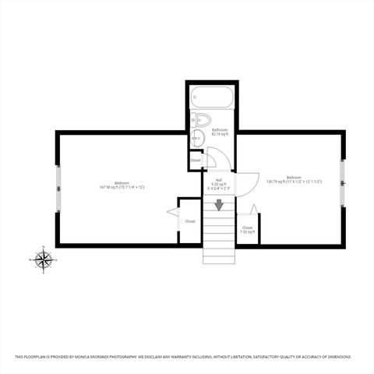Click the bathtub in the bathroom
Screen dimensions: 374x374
point(211,99)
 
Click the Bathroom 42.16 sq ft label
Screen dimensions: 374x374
point(218,132)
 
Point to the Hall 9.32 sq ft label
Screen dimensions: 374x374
point(219,184)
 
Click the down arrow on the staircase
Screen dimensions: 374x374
point(219,205)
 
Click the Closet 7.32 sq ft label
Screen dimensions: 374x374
point(247,230)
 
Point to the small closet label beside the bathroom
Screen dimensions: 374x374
point(195,161)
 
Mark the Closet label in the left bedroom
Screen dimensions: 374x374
point(190,221)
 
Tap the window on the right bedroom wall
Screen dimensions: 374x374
point(342,183)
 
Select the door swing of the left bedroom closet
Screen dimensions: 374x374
point(172,211)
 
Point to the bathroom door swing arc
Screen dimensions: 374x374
point(217,160)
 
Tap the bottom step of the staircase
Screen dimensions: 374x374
point(219,259)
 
